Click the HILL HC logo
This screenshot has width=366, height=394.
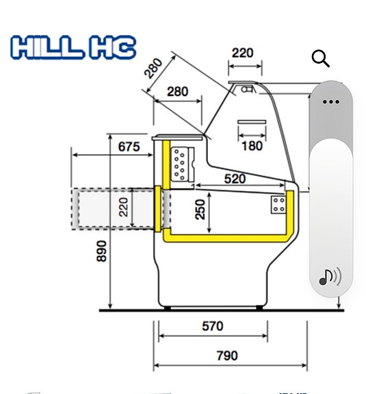coord(73,48)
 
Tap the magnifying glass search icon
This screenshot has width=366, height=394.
coord(320,59)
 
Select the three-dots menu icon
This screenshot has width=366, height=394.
coord(330,101)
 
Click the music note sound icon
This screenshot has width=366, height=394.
coord(330,277)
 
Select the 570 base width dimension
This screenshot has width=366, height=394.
coord(213,326)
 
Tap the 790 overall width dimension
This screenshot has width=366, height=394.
coord(226,355)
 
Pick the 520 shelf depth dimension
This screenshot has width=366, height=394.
coord(235,178)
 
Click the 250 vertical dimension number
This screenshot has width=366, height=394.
coord(200,209)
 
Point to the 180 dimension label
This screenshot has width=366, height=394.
coord(252,145)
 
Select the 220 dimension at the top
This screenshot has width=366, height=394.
coord(243,53)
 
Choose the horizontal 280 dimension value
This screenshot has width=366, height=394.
coord(178,92)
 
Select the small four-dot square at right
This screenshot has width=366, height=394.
coord(278,204)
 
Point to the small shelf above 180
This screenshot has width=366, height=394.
coord(252,125)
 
